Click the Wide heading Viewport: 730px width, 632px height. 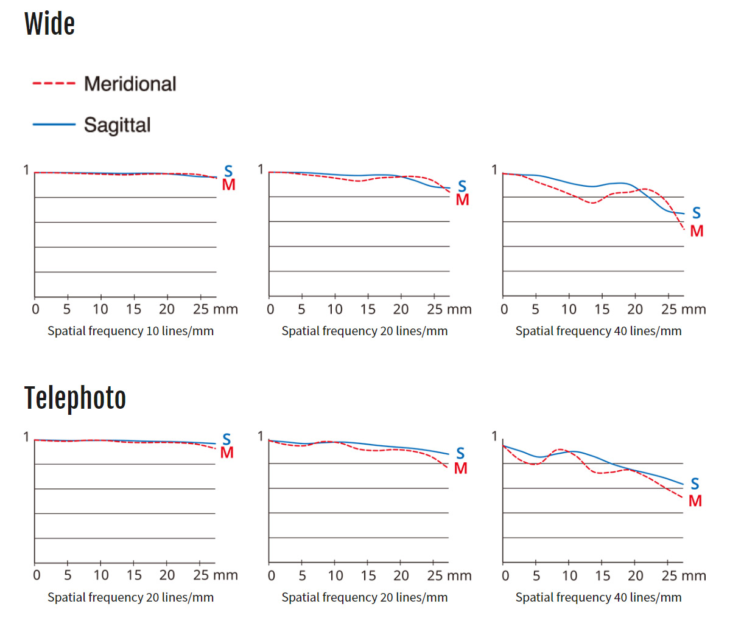click(49, 24)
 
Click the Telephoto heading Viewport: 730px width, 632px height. click(75, 398)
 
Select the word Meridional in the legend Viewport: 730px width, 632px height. click(130, 84)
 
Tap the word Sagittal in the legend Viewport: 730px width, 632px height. click(117, 125)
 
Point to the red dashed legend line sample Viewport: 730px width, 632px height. click(54, 83)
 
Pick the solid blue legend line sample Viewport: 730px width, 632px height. click(54, 125)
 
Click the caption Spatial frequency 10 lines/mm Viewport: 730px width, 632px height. click(130, 331)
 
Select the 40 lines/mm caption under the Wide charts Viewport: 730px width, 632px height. click(598, 331)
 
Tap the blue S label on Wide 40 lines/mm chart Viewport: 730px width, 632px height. click(697, 213)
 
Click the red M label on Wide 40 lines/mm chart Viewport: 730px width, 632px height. click(697, 231)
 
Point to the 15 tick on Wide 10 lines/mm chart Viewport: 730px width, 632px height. click(133, 309)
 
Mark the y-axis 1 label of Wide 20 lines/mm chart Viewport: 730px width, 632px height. click(261, 169)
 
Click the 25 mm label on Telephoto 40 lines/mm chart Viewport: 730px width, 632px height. click(683, 575)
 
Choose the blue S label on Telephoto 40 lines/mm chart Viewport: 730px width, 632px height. click(695, 484)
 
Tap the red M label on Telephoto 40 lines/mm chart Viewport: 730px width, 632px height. click(695, 501)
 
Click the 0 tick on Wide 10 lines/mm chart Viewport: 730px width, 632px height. click(35, 309)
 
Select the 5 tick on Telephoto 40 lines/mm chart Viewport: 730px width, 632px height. click(536, 575)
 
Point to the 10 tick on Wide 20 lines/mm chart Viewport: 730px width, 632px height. click(335, 309)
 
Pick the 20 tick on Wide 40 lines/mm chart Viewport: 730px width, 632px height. click(635, 309)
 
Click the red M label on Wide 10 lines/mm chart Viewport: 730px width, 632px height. click(228, 185)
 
